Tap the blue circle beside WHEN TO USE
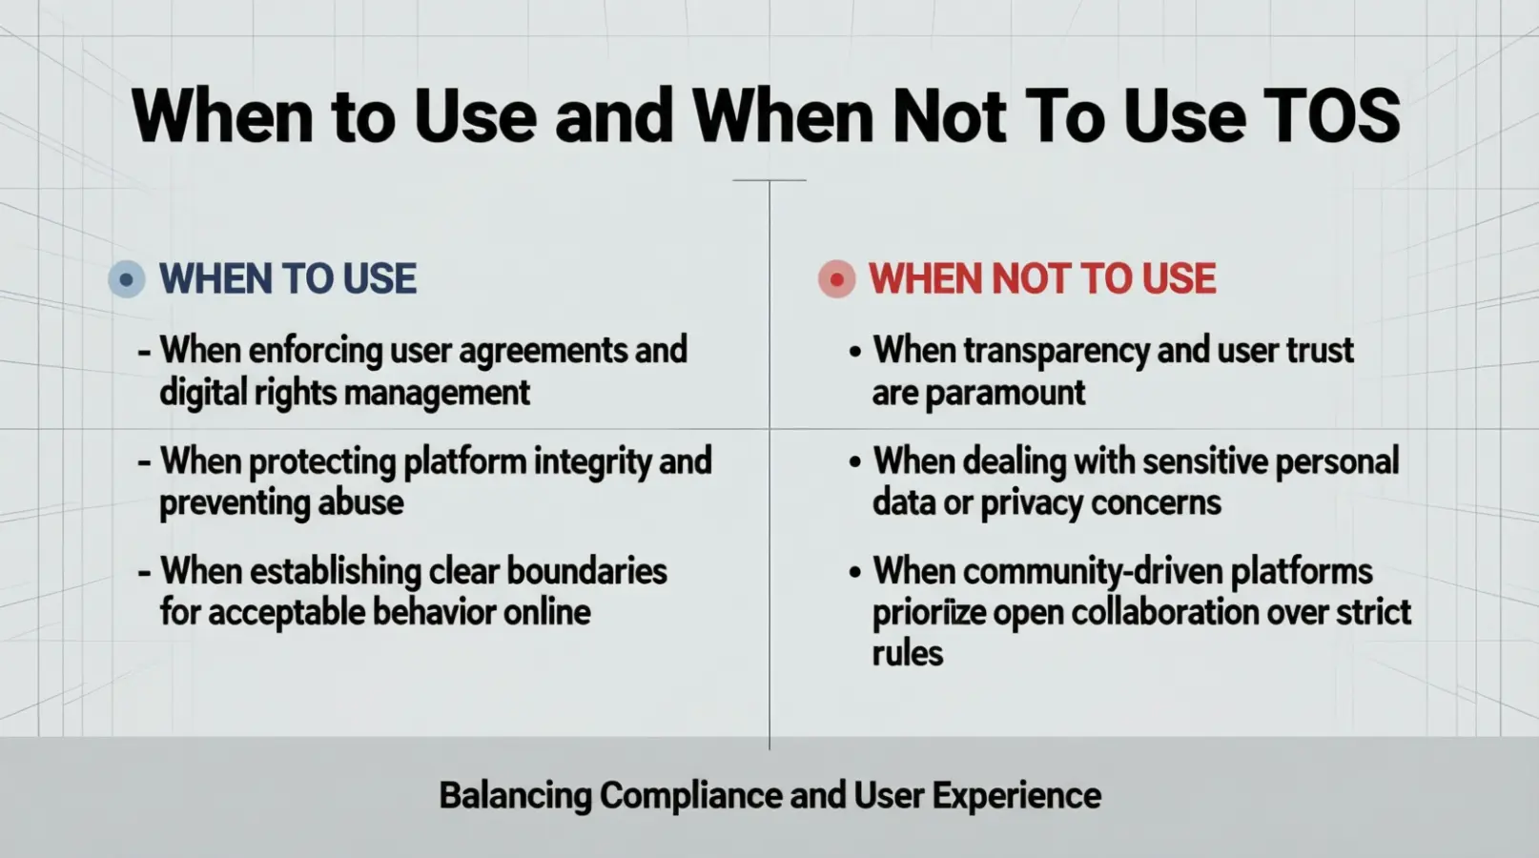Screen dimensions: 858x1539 (x=127, y=280)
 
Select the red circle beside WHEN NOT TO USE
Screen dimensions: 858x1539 (x=836, y=280)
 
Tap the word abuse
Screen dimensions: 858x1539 (x=360, y=502)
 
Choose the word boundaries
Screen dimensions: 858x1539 (x=586, y=572)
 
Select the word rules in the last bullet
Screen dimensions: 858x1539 (x=907, y=654)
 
